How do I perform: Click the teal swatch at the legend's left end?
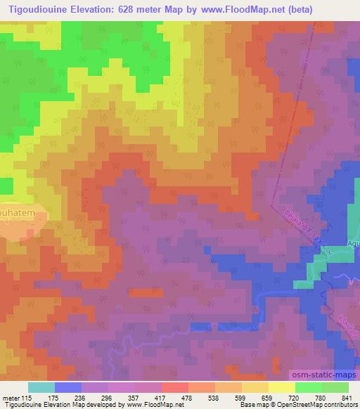[41, 387]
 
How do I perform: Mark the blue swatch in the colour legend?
[68, 387]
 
